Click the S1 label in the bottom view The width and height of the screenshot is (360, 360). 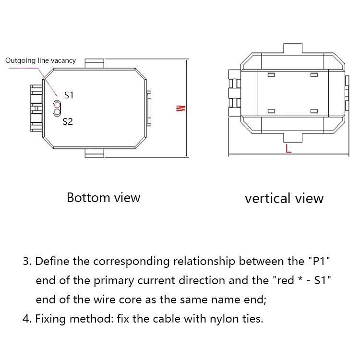69,95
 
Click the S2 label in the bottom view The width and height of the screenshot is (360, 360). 68,122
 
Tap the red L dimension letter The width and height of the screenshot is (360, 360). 288,148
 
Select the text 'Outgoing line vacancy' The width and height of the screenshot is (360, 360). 40,60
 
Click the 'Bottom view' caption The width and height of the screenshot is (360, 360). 103,197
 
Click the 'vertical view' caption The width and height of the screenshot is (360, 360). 284,198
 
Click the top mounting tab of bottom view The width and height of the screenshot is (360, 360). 94,63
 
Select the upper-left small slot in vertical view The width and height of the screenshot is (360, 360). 271,75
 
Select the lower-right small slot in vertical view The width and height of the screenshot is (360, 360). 314,111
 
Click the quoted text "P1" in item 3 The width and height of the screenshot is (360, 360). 319,262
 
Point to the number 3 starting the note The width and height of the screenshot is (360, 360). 26,262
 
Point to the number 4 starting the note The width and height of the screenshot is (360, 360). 26,319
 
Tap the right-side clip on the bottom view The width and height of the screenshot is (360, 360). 148,108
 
